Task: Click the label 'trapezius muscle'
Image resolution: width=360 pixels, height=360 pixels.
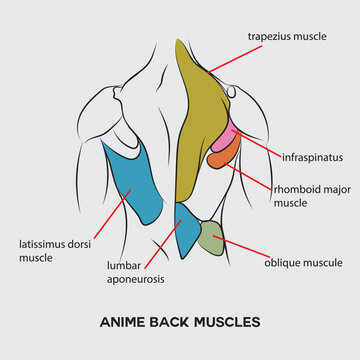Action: click(287, 36)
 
